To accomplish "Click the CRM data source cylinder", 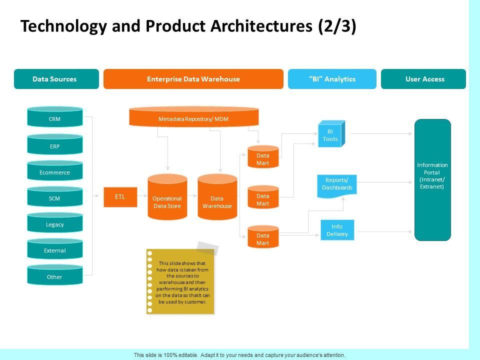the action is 55,116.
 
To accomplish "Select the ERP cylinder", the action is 55,144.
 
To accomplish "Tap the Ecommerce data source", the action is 55,170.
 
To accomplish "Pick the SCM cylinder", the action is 55,196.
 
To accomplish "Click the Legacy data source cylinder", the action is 55,222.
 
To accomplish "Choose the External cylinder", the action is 55,248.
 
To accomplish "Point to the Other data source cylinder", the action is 55,275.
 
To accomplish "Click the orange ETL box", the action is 120,197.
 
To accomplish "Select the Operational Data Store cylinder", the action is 167,197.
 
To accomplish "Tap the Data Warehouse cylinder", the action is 217,197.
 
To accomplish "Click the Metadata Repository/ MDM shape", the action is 194,116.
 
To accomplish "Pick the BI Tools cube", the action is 331,134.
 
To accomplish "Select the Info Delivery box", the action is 337,230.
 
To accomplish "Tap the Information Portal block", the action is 432,179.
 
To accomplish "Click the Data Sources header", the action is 56,79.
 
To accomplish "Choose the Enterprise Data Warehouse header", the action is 193,79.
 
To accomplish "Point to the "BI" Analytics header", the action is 332,79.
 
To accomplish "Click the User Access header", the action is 423,79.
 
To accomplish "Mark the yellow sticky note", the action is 180,281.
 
